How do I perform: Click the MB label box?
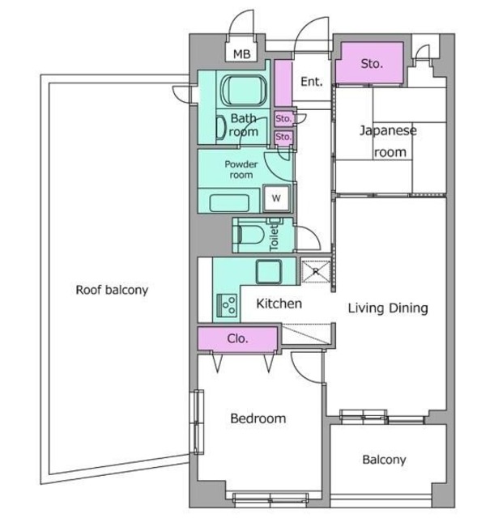pos(241,53)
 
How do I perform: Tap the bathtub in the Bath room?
pos(245,89)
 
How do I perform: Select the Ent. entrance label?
pos(312,82)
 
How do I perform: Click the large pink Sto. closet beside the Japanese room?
pos(372,63)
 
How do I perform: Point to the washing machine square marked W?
pos(276,197)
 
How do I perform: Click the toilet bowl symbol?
pos(250,235)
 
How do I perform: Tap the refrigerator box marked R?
pos(316,271)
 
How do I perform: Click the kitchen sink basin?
pos(269,272)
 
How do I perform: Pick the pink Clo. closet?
pos(237,338)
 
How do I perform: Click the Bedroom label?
pos(258,418)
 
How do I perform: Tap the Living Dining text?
pos(388,308)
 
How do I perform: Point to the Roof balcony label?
pos(112,290)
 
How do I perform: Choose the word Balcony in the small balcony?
pos(384,460)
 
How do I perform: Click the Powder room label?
pos(241,169)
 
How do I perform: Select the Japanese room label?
pos(389,141)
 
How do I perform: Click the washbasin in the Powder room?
pos(229,202)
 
